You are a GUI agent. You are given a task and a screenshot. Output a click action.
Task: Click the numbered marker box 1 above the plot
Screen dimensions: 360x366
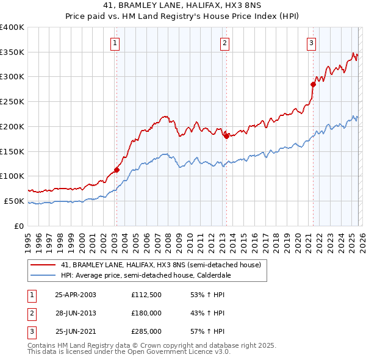tap(115, 43)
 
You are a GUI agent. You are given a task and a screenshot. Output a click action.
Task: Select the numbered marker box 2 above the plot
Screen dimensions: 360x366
tap(224, 43)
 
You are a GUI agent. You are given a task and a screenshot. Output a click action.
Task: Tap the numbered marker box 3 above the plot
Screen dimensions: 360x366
tap(311, 43)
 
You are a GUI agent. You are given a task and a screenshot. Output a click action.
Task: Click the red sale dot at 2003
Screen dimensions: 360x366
tap(117, 170)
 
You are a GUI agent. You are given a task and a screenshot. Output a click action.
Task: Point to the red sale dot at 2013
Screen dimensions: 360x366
tap(226, 136)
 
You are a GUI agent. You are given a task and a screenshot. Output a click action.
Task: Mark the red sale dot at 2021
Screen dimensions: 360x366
tap(313, 84)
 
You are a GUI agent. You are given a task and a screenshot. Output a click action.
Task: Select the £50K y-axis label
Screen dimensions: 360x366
tap(15, 201)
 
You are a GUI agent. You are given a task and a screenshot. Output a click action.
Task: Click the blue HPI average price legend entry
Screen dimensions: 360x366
tap(143, 275)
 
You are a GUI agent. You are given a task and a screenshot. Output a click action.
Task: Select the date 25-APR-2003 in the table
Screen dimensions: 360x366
tap(75, 294)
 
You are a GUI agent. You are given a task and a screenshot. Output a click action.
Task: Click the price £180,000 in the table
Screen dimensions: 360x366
tap(146, 313)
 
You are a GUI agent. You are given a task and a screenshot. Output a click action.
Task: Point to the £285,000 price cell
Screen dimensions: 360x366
tap(146, 332)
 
